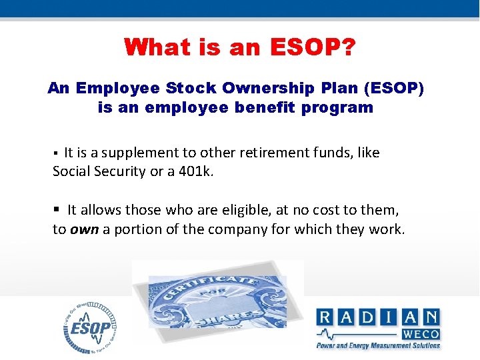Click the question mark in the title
click(348, 47)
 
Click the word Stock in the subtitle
click(198, 89)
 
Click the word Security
click(117, 171)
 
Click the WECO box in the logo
click(420, 334)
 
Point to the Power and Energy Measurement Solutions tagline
click(379, 345)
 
